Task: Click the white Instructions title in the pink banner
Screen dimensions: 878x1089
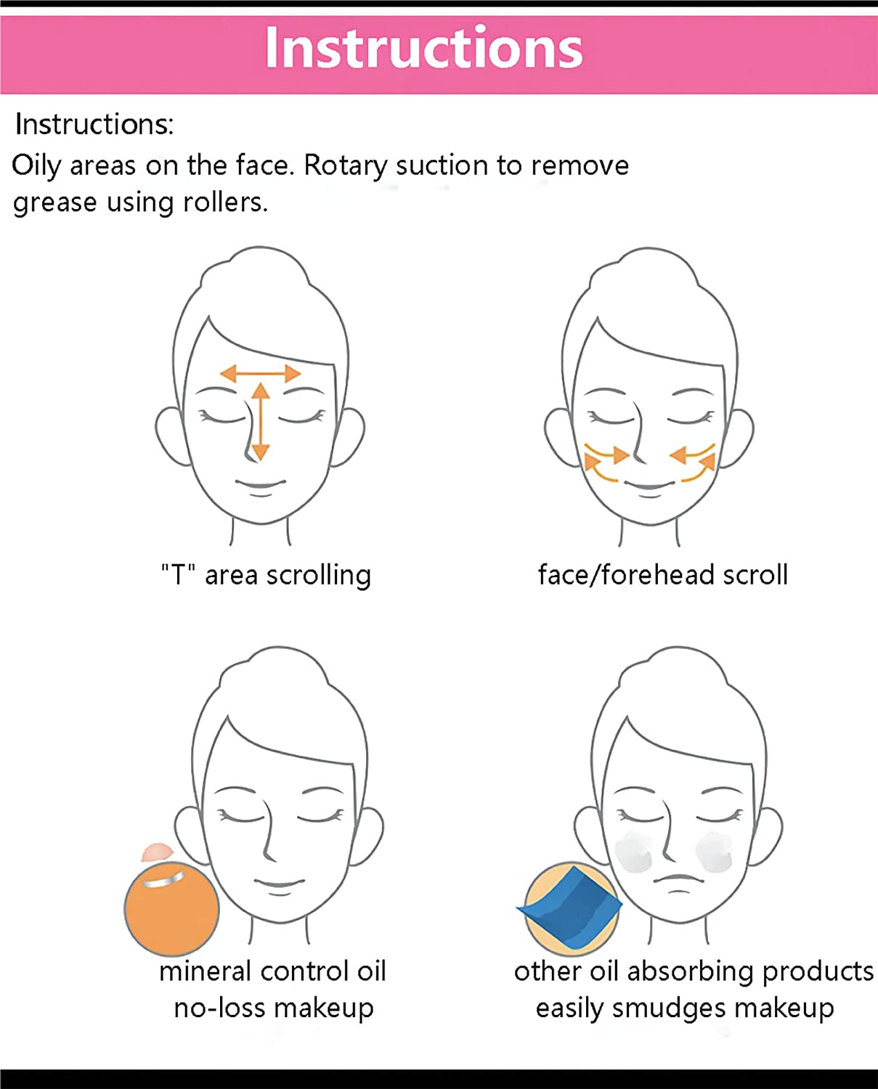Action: point(424,48)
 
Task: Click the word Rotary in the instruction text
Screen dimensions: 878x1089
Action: point(344,167)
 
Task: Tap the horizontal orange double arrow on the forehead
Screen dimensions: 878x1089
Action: point(260,374)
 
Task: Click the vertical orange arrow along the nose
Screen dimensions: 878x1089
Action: point(260,422)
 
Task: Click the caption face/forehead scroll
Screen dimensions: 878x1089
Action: point(663,575)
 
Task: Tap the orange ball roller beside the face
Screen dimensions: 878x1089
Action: point(171,908)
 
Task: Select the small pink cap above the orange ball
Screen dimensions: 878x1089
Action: point(158,852)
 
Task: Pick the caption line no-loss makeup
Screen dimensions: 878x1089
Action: point(274,1008)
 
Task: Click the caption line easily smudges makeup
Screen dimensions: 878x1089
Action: point(685,1008)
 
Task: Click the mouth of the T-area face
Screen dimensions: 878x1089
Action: point(261,484)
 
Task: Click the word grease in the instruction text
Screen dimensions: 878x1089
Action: point(54,203)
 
